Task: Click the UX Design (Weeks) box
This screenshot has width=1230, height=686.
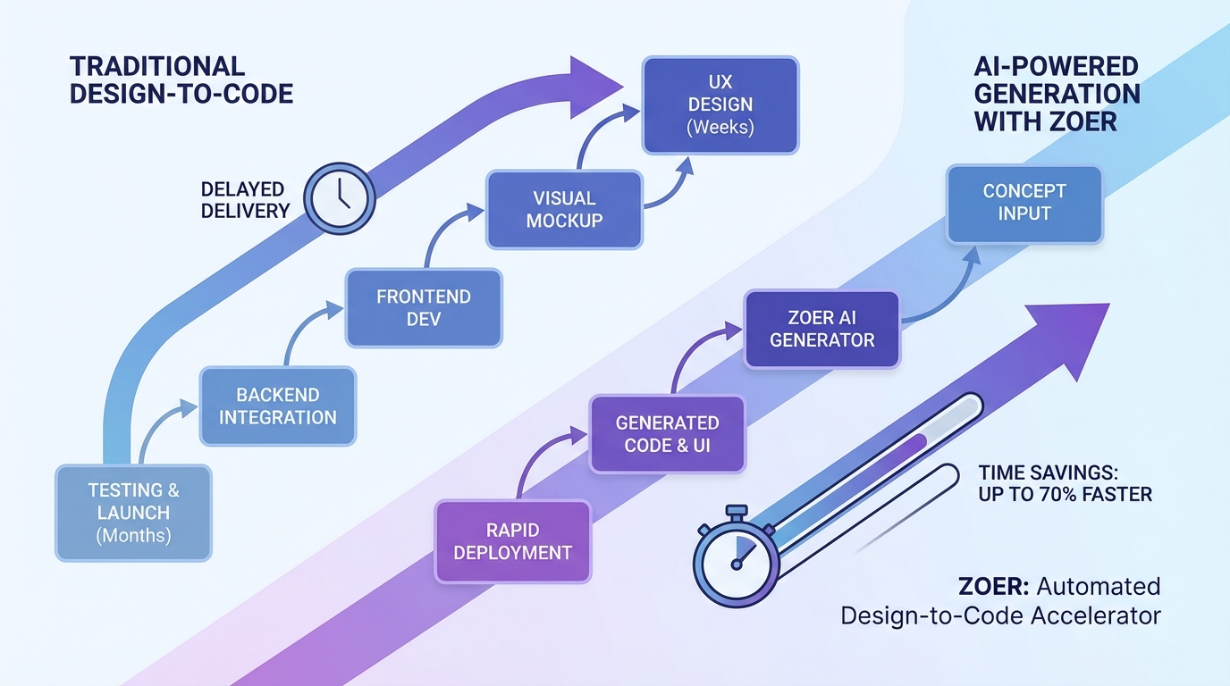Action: tap(720, 105)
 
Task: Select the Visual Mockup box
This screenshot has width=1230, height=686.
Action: tap(564, 209)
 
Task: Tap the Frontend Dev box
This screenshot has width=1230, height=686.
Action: tap(424, 307)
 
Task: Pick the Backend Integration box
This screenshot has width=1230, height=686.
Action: tap(278, 406)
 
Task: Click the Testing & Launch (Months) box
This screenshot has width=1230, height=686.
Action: tap(133, 513)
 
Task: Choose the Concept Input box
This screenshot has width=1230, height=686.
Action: tap(1024, 203)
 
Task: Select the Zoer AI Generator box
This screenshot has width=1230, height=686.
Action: tap(821, 329)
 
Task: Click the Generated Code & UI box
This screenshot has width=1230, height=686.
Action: tap(667, 433)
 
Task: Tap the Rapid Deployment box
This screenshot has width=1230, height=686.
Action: tap(512, 541)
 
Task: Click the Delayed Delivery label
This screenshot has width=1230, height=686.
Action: tap(243, 200)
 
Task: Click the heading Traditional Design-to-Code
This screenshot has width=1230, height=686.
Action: tap(181, 80)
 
